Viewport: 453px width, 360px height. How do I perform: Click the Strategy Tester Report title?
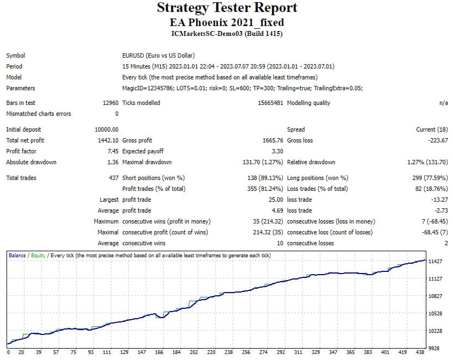click(x=227, y=8)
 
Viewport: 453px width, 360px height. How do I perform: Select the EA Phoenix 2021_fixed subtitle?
click(x=227, y=22)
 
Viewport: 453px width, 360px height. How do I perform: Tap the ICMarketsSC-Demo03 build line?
click(x=227, y=34)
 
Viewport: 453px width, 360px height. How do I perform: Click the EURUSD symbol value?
click(x=158, y=55)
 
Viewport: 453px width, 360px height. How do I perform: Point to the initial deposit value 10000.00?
click(x=107, y=129)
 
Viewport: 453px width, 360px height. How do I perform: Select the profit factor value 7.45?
click(x=112, y=151)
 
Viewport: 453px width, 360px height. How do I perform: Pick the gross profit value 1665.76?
click(x=273, y=140)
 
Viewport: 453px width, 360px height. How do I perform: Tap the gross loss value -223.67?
click(x=437, y=140)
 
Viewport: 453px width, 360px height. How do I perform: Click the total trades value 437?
click(x=114, y=178)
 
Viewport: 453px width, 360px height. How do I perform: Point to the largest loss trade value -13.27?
click(x=438, y=200)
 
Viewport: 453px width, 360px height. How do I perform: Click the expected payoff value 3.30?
click(x=277, y=151)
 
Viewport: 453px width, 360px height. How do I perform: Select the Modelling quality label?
click(x=308, y=103)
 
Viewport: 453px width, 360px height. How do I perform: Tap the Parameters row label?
click(x=21, y=88)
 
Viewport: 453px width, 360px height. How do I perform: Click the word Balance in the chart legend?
click(x=17, y=255)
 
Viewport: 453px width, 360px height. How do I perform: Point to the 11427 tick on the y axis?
click(x=436, y=262)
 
